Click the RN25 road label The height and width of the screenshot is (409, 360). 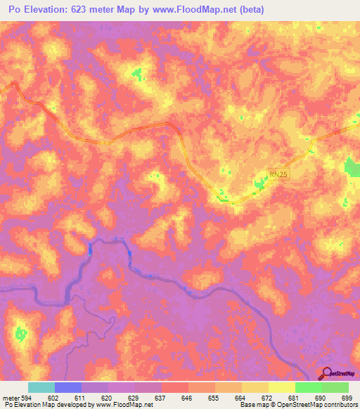click(x=279, y=174)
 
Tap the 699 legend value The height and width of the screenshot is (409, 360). click(x=346, y=397)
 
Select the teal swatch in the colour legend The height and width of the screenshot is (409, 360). click(x=41, y=387)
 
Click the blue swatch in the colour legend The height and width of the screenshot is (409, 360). click(x=68, y=387)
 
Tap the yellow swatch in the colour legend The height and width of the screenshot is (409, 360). click(x=282, y=387)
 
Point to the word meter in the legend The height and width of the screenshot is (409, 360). click(x=10, y=397)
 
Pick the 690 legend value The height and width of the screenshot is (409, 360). click(x=320, y=397)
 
